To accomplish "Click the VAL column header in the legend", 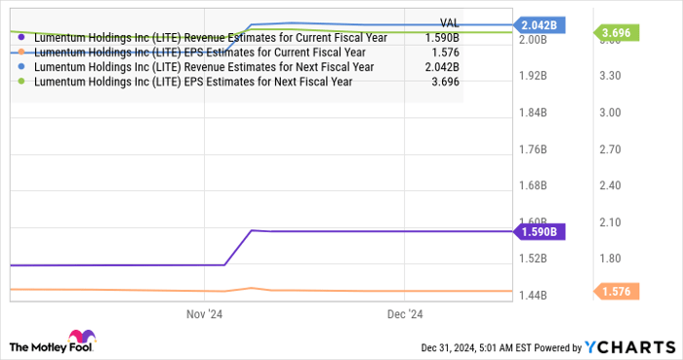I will [x=450, y=22].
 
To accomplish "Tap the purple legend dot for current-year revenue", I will [x=21, y=37].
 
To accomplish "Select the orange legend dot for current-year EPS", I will [x=21, y=52].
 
